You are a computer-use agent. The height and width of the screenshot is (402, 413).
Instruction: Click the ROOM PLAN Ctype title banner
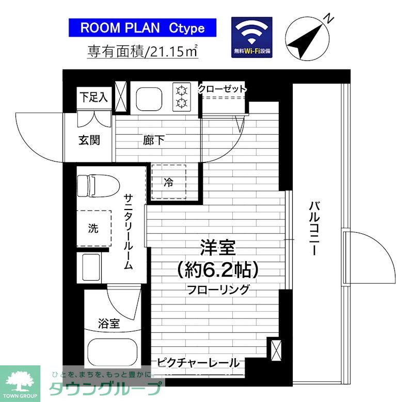[142, 27]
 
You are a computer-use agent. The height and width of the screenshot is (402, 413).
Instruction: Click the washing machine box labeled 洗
[93, 229]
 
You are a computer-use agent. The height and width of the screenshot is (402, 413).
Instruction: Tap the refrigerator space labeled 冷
[169, 182]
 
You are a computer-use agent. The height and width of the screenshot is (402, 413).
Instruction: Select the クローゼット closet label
[222, 89]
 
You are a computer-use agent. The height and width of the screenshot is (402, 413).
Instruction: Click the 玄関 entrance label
[89, 140]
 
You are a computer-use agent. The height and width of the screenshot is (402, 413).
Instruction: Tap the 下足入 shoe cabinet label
[93, 97]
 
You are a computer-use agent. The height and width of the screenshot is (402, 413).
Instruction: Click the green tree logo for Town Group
[20, 381]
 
